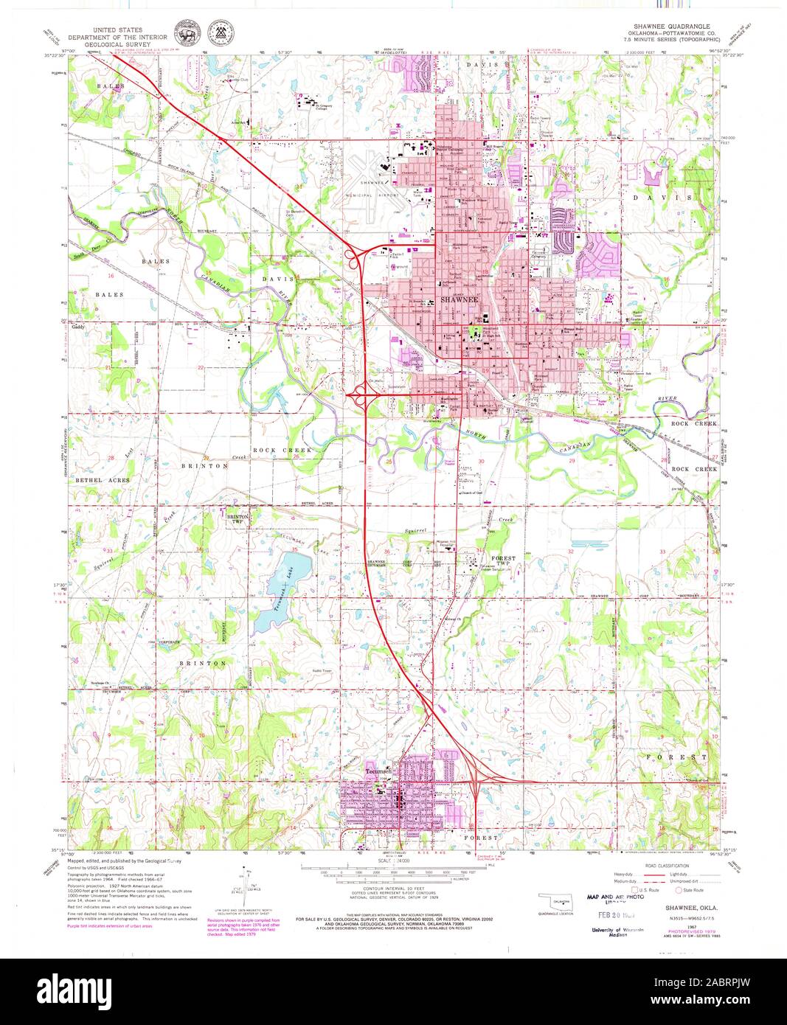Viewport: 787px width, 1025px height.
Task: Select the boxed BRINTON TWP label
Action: tap(238, 518)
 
